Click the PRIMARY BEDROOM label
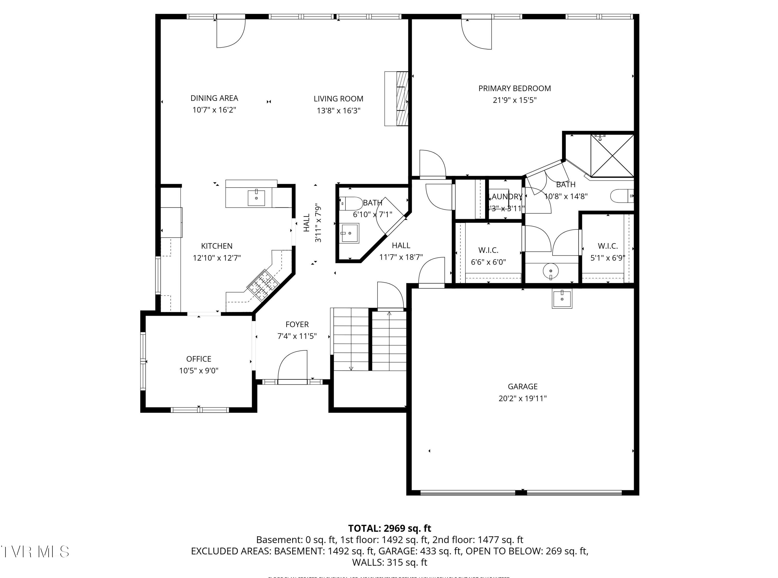pos(515,89)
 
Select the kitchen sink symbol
pos(256,198)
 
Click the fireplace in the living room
pos(397,99)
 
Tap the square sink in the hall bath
pos(350,233)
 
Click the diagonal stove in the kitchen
pos(263,286)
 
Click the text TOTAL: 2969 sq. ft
pos(389,528)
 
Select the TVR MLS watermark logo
pos(35,551)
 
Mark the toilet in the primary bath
pos(622,196)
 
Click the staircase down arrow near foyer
pos(351,368)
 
